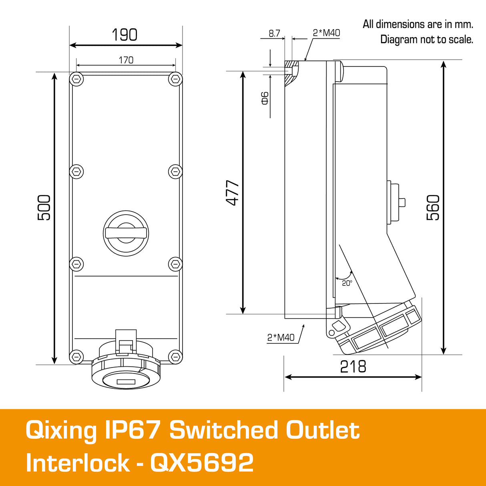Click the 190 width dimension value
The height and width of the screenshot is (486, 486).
(125, 35)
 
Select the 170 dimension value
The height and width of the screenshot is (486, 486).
(126, 60)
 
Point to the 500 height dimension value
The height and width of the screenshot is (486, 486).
(44, 207)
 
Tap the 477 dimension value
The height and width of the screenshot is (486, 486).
(233, 193)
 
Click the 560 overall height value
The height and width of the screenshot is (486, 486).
(433, 207)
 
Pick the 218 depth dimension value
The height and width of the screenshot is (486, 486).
(353, 367)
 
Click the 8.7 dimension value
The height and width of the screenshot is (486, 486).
(274, 34)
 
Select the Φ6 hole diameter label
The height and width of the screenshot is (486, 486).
(265, 98)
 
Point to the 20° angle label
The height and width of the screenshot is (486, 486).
(347, 283)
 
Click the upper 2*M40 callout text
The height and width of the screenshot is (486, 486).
(326, 33)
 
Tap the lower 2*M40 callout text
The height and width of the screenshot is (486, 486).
(281, 337)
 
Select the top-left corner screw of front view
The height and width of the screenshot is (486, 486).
(76, 79)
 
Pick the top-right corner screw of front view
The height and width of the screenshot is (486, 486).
(175, 79)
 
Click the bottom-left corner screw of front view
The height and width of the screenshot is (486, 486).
(76, 356)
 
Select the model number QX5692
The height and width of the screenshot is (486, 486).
(202, 463)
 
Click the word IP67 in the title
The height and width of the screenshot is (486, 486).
(133, 430)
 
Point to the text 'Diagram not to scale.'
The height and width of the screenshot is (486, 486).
(426, 40)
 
